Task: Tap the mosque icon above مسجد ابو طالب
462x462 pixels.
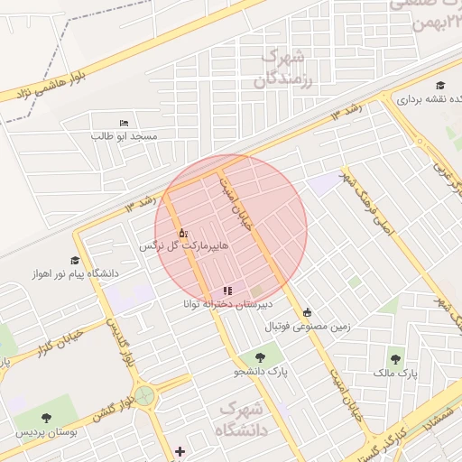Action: (x=124, y=123)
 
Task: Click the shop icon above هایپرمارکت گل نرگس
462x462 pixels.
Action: (x=183, y=233)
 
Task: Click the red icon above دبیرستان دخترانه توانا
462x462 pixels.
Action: (x=227, y=291)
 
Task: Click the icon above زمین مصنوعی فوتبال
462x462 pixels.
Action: (x=308, y=312)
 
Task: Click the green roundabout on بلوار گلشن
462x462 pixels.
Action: (x=144, y=395)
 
